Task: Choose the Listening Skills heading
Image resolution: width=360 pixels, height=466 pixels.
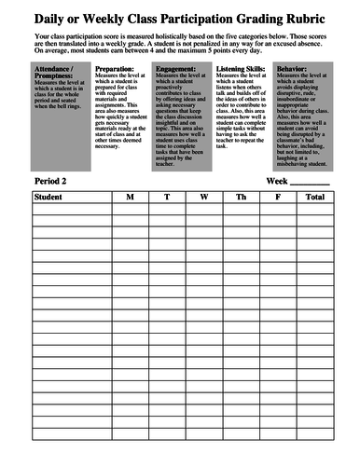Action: tap(239, 68)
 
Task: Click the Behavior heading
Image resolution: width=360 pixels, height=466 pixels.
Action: tap(298, 68)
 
